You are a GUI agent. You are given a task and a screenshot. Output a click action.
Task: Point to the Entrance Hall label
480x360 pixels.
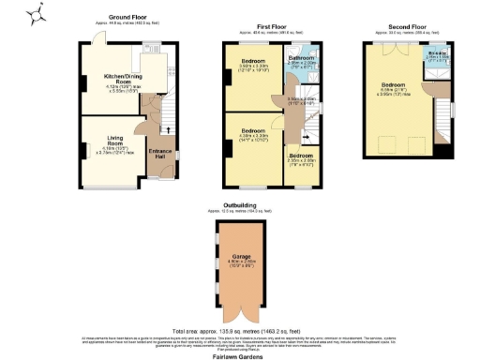(159, 155)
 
